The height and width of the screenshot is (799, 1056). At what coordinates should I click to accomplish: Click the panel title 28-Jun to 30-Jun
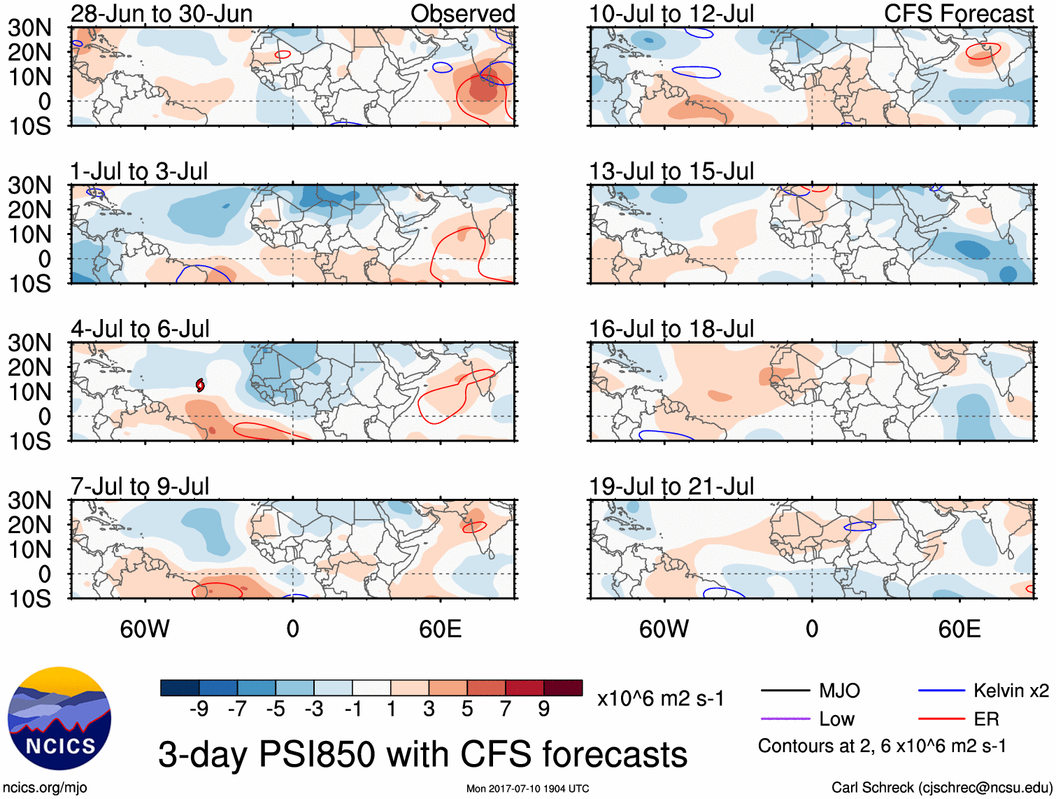(x=162, y=13)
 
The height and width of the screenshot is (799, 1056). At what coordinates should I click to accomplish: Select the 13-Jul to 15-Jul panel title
(x=671, y=171)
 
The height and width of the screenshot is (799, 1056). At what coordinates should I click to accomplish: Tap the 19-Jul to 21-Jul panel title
(x=671, y=486)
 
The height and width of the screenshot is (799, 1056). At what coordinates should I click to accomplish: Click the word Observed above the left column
(x=462, y=13)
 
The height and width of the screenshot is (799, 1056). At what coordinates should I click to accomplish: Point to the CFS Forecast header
(x=959, y=13)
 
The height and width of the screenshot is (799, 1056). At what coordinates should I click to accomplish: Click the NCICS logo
(x=59, y=719)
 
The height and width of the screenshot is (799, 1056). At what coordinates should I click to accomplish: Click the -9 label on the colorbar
(x=199, y=709)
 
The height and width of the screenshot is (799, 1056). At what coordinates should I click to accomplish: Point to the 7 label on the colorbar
(x=506, y=709)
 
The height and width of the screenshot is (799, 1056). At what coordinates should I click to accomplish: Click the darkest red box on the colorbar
(x=563, y=688)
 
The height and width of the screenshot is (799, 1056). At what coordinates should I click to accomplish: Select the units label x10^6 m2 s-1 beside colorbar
(x=660, y=698)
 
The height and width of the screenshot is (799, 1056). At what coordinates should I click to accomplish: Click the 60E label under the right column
(x=959, y=629)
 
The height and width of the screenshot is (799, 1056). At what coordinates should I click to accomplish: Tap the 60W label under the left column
(x=145, y=629)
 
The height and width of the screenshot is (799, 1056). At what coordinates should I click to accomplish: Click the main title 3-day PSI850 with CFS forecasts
(x=422, y=754)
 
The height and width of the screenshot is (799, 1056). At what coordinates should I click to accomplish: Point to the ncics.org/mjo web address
(x=45, y=788)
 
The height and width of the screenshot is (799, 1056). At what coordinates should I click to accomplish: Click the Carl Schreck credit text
(x=941, y=788)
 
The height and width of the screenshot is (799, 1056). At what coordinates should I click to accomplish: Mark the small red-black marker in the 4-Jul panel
(x=200, y=385)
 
